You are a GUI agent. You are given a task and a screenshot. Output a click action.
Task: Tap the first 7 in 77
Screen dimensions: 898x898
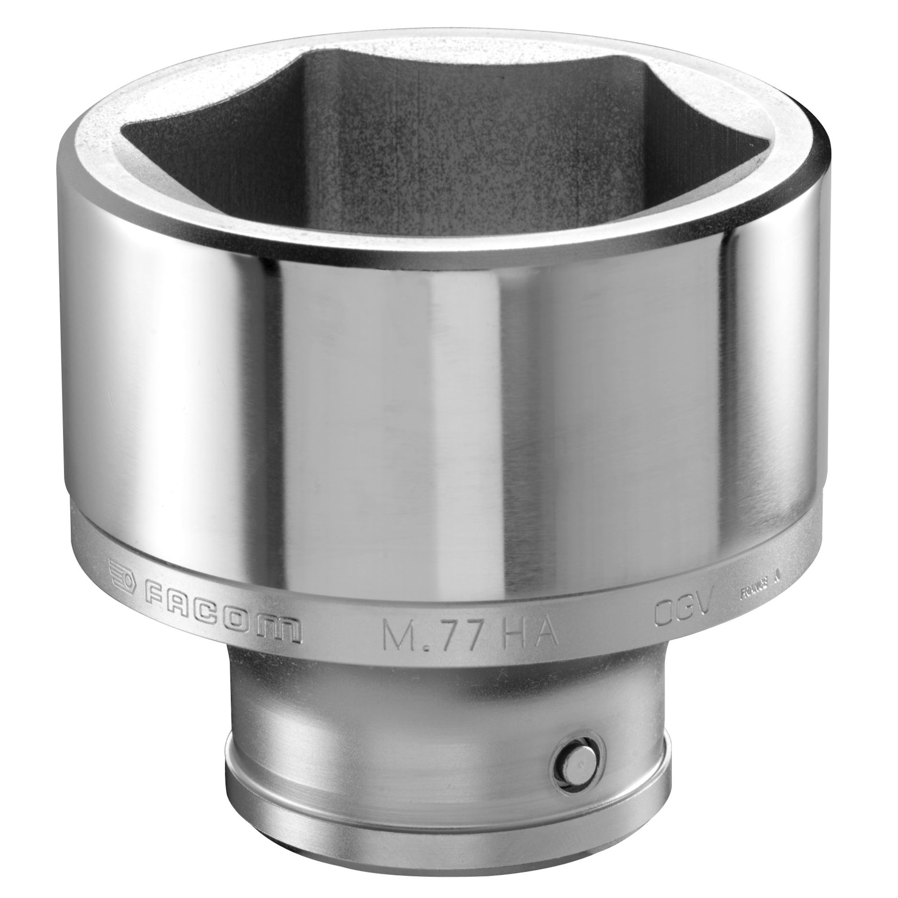pos(447,634)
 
